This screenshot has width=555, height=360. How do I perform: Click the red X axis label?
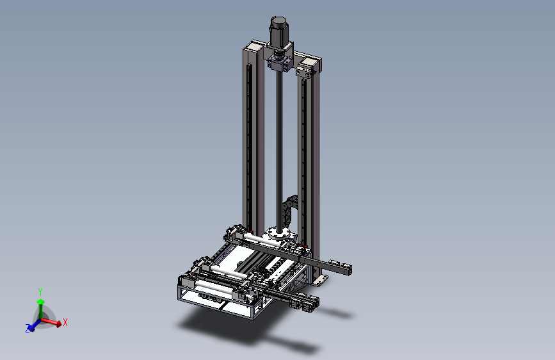65,322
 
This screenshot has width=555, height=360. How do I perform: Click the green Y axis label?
40,292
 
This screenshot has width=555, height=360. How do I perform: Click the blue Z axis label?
28,329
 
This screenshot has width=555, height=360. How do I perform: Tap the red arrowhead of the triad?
58,323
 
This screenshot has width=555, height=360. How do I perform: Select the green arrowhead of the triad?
41,302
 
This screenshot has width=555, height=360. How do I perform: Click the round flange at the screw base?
279,234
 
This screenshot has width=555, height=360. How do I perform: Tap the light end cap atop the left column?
255,45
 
